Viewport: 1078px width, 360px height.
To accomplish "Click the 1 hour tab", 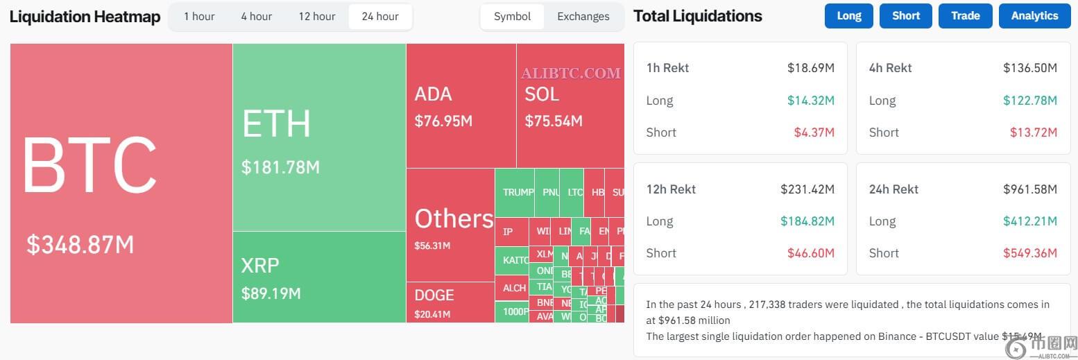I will [x=199, y=17].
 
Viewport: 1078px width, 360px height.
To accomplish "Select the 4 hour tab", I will [x=257, y=17].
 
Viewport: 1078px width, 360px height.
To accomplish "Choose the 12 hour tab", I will [x=317, y=17].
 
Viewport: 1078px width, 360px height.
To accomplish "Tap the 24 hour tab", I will [x=380, y=17].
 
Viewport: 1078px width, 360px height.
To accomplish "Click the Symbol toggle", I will [x=512, y=17].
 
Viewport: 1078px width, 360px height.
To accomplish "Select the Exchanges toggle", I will [x=583, y=17].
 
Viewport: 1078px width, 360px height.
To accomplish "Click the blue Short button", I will [x=905, y=16].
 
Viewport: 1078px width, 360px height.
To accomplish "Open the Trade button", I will [x=965, y=16].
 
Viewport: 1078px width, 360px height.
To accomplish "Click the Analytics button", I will [x=1034, y=16].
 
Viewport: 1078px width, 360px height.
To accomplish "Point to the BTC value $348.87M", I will [x=80, y=245].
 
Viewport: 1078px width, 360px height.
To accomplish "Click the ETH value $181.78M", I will [x=280, y=167].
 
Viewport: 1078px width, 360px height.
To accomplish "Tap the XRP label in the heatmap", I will [x=260, y=265].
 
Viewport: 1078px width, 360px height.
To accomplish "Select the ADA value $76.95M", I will [x=443, y=121].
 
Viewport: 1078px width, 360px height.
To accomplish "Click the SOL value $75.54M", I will [x=554, y=121].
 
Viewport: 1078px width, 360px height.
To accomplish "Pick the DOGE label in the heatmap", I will [x=434, y=295].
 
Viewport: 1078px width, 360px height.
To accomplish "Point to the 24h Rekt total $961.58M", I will [x=1030, y=189].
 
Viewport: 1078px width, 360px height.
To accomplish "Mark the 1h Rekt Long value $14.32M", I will [x=810, y=101].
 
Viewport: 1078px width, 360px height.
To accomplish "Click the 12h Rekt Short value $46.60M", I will [x=810, y=253].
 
